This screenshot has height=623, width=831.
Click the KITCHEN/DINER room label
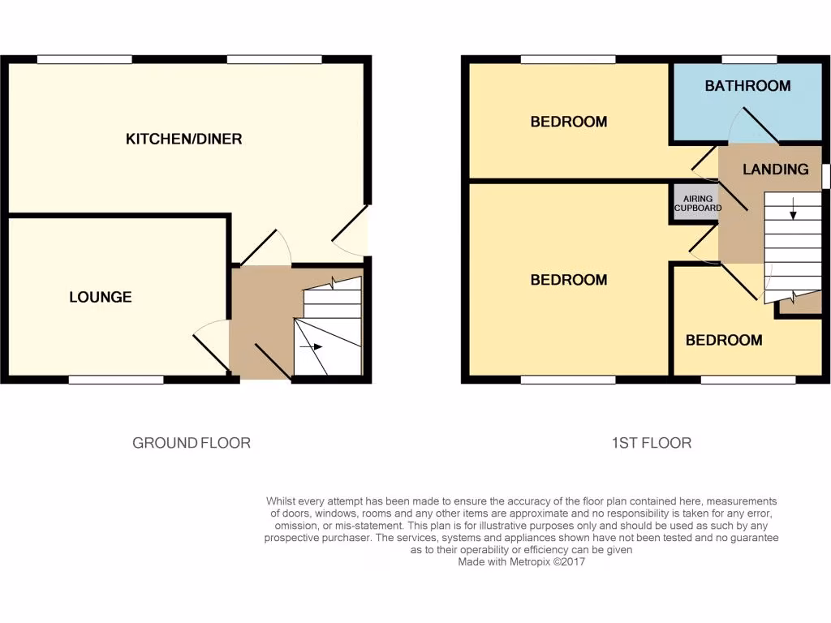click(183, 139)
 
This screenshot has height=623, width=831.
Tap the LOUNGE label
click(100, 297)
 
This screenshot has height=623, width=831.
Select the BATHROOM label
click(747, 85)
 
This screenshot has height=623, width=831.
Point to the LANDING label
click(775, 169)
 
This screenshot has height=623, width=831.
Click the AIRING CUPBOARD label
click(697, 203)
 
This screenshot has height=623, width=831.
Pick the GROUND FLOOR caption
click(192, 443)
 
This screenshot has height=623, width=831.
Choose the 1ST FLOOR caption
click(651, 443)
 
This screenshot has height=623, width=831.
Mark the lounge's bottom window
click(115, 379)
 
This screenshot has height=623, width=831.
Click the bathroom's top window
click(748, 59)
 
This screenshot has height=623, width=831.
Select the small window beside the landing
click(826, 176)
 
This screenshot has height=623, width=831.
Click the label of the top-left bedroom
click(568, 122)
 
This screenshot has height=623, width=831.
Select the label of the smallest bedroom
click(724, 340)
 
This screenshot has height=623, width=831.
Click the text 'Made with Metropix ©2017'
click(521, 561)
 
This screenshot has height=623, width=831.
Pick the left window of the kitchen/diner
click(84, 59)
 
